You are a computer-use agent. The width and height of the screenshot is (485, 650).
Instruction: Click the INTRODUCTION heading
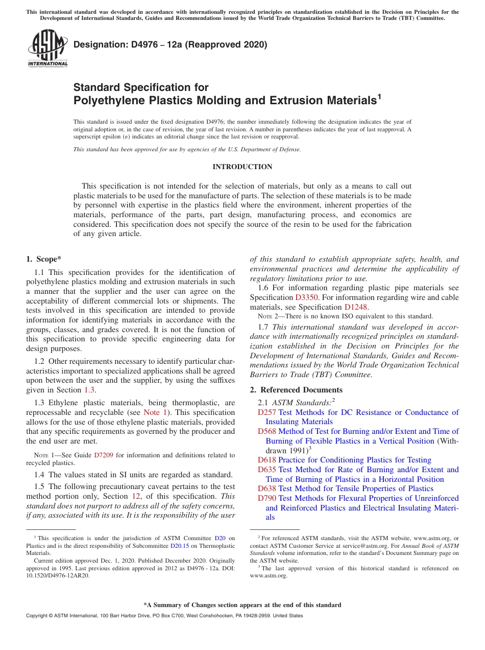click(242, 167)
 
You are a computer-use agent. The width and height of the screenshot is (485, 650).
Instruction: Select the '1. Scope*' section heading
click(44, 259)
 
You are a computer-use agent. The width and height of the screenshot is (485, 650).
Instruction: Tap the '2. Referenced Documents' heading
click(288, 390)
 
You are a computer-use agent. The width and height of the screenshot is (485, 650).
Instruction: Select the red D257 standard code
click(266, 412)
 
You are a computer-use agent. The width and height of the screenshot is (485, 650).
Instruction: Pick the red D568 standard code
click(266, 431)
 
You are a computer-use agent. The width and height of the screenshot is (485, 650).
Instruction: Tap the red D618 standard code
click(266, 460)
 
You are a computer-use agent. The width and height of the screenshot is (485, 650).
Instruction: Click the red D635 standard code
click(266, 470)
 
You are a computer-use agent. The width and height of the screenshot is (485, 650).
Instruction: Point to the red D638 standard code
click(266, 489)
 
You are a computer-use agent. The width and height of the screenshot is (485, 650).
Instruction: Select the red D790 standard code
click(266, 498)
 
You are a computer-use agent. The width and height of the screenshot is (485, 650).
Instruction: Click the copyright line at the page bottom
click(164, 616)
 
